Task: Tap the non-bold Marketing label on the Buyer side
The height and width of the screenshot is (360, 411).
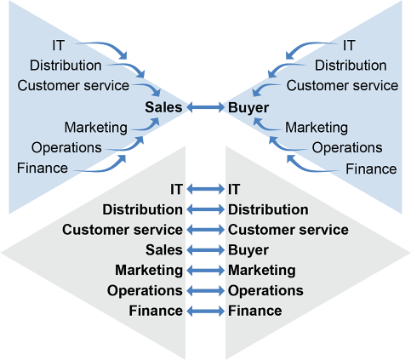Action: pyautogui.click(x=317, y=128)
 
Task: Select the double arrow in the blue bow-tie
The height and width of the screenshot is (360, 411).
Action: pyautogui.click(x=206, y=107)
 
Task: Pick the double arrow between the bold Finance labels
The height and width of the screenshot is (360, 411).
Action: pyautogui.click(x=206, y=311)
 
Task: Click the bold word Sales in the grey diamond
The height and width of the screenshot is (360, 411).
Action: pyautogui.click(x=164, y=250)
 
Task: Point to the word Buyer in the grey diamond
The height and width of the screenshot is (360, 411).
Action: pyautogui.click(x=248, y=250)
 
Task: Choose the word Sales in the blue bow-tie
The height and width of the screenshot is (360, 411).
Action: pyautogui.click(x=163, y=107)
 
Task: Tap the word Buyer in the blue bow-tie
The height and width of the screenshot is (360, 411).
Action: pyautogui.click(x=248, y=107)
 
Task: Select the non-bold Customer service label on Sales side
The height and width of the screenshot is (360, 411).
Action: pyautogui.click(x=73, y=85)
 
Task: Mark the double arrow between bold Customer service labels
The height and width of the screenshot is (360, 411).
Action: pyautogui.click(x=206, y=230)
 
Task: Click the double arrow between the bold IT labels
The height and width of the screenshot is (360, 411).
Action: pyautogui.click(x=206, y=189)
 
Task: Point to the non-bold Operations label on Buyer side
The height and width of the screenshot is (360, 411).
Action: pyautogui.click(x=347, y=148)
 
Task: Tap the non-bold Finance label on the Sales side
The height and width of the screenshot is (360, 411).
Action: pyautogui.click(x=43, y=168)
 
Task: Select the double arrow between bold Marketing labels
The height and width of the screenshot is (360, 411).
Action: pyautogui.click(x=206, y=271)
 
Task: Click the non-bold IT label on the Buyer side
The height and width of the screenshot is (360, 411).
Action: pyautogui.click(x=349, y=45)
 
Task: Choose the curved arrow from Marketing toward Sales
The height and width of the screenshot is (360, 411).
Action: pyautogui.click(x=147, y=127)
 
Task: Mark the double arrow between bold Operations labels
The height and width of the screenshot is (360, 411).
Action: pyautogui.click(x=206, y=290)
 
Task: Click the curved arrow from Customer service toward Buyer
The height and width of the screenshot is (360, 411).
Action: pyautogui.click(x=264, y=87)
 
